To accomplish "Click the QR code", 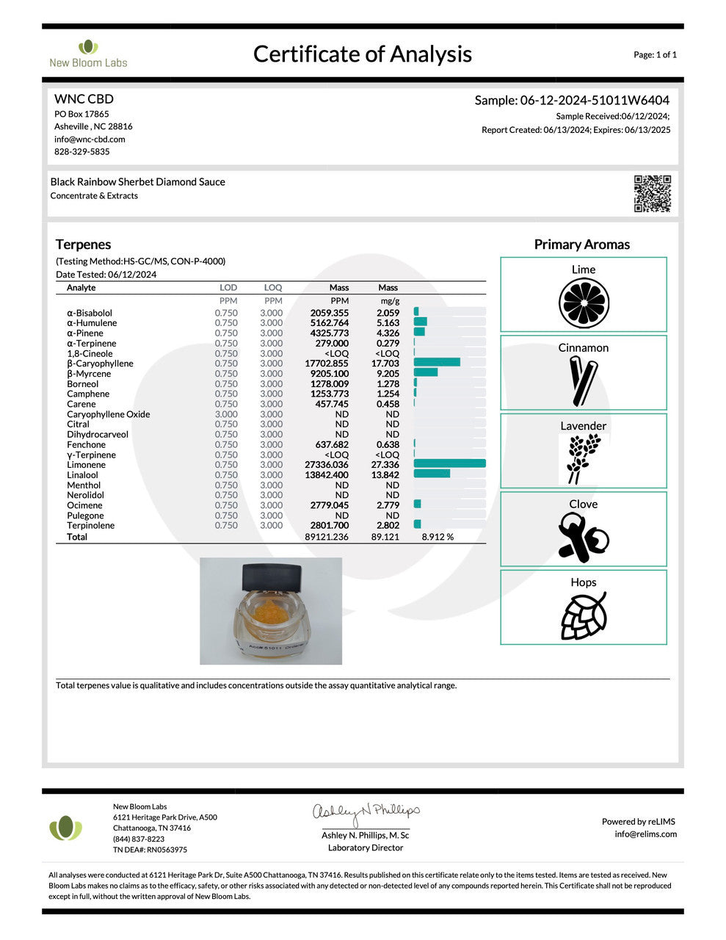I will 652,194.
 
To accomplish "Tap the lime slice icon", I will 584,303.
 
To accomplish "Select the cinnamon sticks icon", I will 584,380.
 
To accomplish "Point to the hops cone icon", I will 584,615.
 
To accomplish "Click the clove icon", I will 584,537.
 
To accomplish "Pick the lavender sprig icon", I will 584,458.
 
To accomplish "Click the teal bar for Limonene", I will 450,464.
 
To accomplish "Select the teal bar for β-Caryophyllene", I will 437,363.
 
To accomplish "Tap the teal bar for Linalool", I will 432,474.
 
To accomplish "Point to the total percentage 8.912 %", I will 438,537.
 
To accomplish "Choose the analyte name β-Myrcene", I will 89,374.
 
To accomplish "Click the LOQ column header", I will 273,288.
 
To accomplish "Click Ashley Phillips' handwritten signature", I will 366,811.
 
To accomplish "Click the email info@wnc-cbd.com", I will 90,139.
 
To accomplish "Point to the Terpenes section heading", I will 84,245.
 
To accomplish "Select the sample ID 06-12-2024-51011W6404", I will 594,101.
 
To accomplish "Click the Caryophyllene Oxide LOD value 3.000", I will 226,414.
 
